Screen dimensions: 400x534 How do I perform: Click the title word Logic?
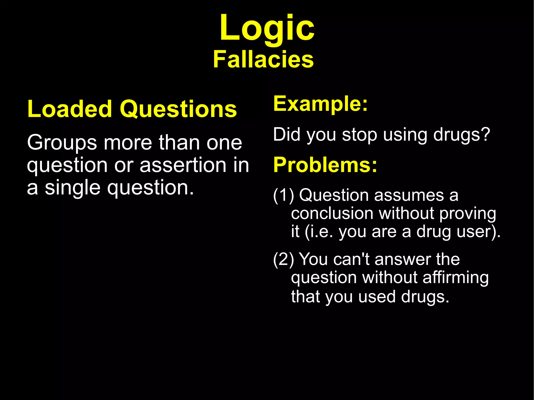tap(267, 28)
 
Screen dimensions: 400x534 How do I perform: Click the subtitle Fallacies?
tap(263, 60)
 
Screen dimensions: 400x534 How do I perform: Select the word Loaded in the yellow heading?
tap(70, 109)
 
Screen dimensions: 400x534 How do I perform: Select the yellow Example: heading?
tap(320, 104)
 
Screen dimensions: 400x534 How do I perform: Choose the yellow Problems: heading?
tap(325, 165)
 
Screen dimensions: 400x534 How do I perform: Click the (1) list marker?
tap(283, 195)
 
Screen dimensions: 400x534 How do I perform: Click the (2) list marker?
tap(283, 259)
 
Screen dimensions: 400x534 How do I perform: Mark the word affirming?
tap(455, 278)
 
